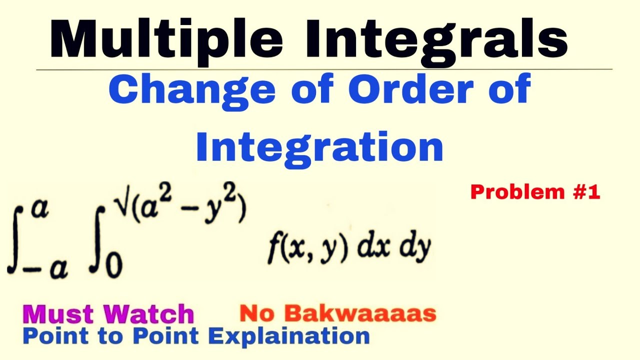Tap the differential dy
(x=414, y=248)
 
